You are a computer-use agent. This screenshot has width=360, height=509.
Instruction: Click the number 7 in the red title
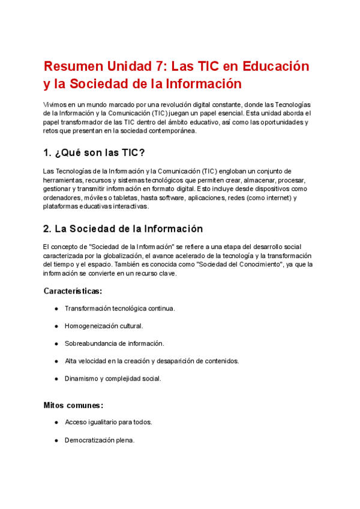[155, 65]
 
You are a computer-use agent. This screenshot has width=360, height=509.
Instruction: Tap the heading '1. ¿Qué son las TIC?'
[94, 152]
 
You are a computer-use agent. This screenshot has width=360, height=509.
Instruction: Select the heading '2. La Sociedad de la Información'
[123, 229]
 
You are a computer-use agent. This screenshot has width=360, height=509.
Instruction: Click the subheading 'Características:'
[73, 291]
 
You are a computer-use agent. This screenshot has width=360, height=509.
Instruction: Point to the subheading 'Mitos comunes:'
[73, 405]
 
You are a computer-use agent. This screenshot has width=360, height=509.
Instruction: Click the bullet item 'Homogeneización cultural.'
[104, 326]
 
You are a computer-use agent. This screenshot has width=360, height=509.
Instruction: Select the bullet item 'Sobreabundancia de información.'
[114, 343]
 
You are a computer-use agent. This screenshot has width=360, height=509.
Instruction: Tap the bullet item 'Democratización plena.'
[100, 440]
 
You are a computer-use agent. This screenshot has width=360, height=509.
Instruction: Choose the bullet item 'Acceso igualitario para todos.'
[109, 422]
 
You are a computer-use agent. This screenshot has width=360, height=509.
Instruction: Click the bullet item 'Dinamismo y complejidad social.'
[113, 379]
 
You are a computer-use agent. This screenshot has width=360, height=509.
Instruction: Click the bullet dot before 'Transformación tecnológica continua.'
[56, 309]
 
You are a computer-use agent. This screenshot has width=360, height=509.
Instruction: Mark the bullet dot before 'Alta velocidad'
[56, 361]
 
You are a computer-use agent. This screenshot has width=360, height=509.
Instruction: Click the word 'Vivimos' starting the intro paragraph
[55, 104]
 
